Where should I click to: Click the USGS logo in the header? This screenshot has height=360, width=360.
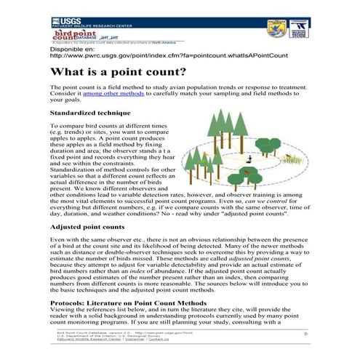(70, 20)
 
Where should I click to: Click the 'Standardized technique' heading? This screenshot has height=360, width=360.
(90, 113)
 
